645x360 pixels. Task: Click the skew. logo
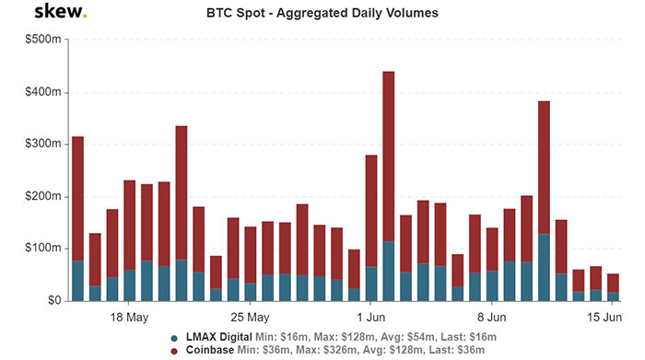(x=61, y=12)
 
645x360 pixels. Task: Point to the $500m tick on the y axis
(x=41, y=41)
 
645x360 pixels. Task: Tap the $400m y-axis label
(x=41, y=93)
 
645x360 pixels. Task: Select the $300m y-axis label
(x=41, y=145)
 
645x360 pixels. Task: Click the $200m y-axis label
(x=41, y=197)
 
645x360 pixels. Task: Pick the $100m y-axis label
(x=41, y=249)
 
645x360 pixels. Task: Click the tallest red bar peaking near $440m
(x=388, y=157)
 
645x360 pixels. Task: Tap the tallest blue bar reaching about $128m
(x=544, y=267)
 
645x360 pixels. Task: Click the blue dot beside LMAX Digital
(x=174, y=338)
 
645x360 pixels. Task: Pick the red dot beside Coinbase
(x=174, y=351)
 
